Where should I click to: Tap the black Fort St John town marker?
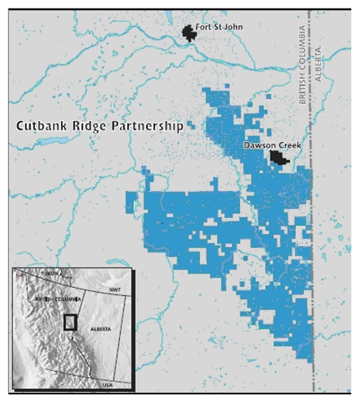pyautogui.click(x=189, y=32)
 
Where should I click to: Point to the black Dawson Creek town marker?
pyautogui.click(x=277, y=158)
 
